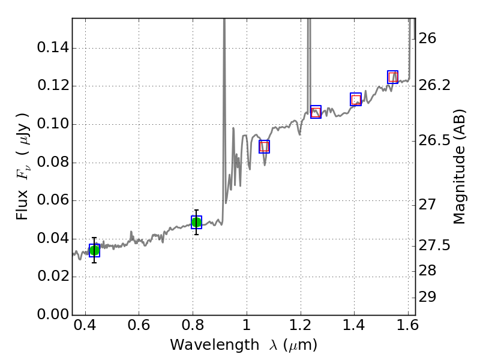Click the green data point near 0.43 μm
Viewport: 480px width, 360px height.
(94, 250)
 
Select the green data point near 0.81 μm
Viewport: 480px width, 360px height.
(196, 222)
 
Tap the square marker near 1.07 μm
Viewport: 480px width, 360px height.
(264, 146)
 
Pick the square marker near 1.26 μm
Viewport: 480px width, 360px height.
(316, 112)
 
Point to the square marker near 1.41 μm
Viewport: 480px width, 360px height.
(356, 100)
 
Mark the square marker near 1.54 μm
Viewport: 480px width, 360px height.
(393, 77)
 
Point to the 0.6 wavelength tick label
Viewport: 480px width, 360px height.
(139, 328)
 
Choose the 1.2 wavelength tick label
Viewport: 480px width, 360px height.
(300, 328)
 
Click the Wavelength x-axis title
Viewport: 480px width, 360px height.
(243, 346)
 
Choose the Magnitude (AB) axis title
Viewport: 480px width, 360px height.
(460, 166)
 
